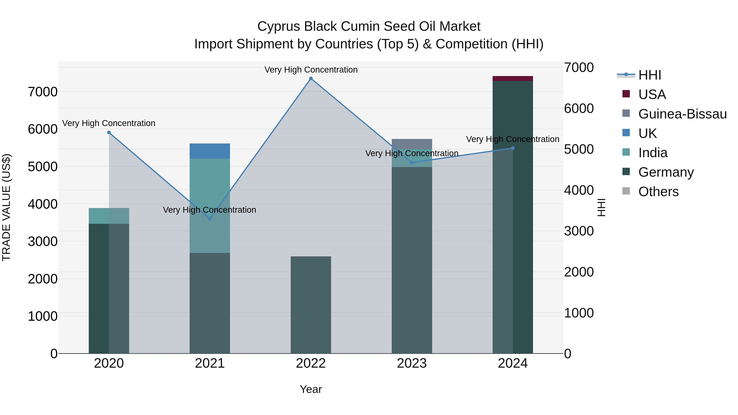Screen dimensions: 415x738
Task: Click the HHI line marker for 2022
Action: tap(311, 78)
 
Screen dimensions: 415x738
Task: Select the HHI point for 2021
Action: tap(210, 218)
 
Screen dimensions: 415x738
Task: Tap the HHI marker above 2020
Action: tap(109, 133)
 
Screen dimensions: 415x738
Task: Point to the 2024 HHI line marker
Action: tap(513, 148)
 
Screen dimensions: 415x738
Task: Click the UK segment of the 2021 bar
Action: tap(210, 151)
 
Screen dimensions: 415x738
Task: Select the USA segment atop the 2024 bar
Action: tap(513, 78)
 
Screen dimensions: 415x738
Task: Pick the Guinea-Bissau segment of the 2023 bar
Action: tap(412, 144)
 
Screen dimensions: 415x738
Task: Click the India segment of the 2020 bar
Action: tap(109, 216)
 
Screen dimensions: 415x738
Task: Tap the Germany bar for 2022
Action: tap(311, 305)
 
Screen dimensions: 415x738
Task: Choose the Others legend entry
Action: tap(658, 192)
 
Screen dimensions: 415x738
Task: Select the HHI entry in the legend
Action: tap(649, 75)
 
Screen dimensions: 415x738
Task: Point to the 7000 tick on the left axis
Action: tap(43, 92)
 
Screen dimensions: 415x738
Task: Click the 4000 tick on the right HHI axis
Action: tap(579, 190)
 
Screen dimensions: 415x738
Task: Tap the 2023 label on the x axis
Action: tap(412, 363)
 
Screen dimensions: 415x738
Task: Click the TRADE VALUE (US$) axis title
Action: tap(7, 207)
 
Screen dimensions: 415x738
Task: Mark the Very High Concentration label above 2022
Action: tap(311, 70)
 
